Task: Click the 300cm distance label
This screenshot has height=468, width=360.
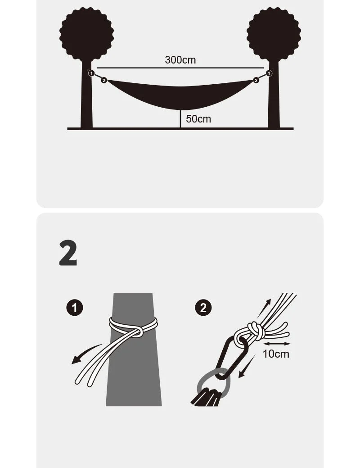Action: coord(180,60)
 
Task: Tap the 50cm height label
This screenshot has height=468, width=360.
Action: coord(198,119)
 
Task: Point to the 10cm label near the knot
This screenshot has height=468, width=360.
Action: coord(276,354)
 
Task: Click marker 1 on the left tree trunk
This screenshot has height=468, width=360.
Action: coord(91,73)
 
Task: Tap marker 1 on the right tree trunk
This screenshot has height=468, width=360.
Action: coord(269,73)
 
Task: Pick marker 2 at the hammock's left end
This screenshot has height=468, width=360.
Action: coord(103,80)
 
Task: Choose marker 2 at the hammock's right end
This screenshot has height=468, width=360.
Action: coord(256,80)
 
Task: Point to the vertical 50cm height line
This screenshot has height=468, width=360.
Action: coord(180,119)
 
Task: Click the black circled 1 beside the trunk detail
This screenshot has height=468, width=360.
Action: coord(75,308)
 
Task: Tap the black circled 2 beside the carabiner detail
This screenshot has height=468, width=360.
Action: coord(203,308)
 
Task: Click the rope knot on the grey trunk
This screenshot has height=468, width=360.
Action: coord(137,331)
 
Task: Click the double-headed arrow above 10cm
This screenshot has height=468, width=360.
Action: coord(277,344)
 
